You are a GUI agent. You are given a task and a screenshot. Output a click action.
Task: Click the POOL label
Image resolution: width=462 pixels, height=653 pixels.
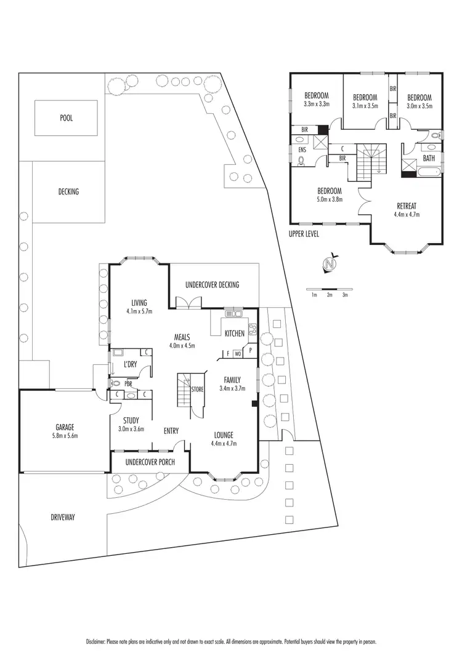coord(66,118)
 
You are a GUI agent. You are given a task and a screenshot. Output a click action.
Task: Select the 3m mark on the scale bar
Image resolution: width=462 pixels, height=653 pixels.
coord(345,295)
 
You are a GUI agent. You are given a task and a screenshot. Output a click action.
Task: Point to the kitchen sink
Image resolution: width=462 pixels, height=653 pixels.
coord(234,314)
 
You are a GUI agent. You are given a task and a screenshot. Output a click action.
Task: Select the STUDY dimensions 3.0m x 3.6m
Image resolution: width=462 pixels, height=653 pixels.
coord(131,429)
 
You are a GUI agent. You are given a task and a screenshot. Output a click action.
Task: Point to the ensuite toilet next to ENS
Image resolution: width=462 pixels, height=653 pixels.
coord(301,161)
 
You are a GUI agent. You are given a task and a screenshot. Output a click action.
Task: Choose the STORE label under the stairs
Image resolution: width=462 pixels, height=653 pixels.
coord(197,390)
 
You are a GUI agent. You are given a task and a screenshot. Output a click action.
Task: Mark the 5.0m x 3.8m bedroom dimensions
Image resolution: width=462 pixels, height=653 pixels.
coord(330,199)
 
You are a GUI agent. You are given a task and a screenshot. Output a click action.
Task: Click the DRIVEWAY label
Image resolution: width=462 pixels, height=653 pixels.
coord(63,518)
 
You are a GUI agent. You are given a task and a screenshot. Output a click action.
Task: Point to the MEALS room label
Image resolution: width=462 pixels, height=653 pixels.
coord(181,337)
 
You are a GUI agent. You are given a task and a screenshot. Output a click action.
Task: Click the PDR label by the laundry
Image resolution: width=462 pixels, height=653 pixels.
coord(128,383)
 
